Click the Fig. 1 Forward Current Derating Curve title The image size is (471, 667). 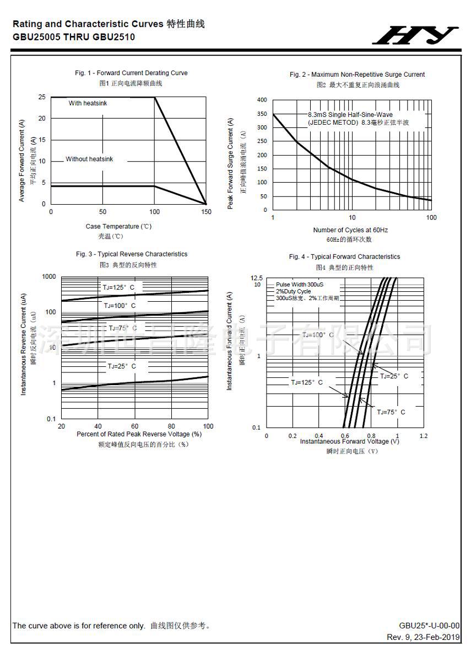pos(131,73)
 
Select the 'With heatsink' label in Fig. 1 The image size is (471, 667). pos(88,103)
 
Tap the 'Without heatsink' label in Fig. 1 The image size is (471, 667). pos(89,159)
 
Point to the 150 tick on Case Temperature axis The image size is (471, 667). pos(206,212)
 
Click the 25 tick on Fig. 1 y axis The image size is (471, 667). pos(42,97)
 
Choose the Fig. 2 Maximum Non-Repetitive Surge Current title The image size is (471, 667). pos(357,74)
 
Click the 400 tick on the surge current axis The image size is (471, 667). pos(262,100)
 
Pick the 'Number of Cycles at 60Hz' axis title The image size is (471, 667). pos(350,230)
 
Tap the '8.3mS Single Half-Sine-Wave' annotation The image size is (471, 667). pos(350,115)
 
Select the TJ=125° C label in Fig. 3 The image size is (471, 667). pos(118,287)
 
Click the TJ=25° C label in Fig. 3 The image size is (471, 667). pos(121,366)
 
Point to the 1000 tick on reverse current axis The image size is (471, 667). pos(49,276)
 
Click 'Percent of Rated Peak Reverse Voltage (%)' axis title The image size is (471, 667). pos(139,434)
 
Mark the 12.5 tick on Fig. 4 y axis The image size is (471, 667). pos(256,278)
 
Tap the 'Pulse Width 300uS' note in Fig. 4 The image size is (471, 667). pos(300,285)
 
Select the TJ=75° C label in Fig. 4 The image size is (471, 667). pos(391,412)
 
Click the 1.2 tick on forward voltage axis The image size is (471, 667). pos(423,436)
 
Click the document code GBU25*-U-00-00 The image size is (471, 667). pos(429,625)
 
